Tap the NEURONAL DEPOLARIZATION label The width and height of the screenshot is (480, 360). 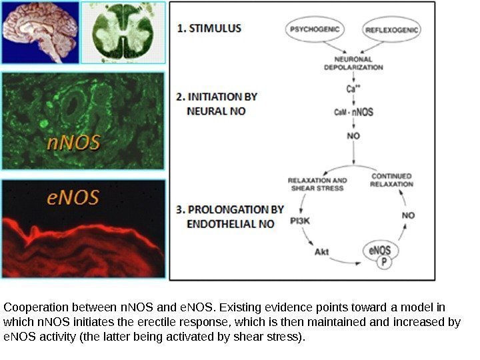353,63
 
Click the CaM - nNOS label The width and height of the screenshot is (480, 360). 353,112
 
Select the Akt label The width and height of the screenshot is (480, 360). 322,252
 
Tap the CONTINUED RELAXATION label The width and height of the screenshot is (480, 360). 391,180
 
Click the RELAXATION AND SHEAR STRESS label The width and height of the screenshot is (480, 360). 317,184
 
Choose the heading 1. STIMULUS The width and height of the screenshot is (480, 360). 209,29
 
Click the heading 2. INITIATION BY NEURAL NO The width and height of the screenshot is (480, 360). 216,103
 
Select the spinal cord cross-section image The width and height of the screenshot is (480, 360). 123,31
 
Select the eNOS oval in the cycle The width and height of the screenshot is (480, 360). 381,251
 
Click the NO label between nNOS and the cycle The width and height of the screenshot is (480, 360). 353,135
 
